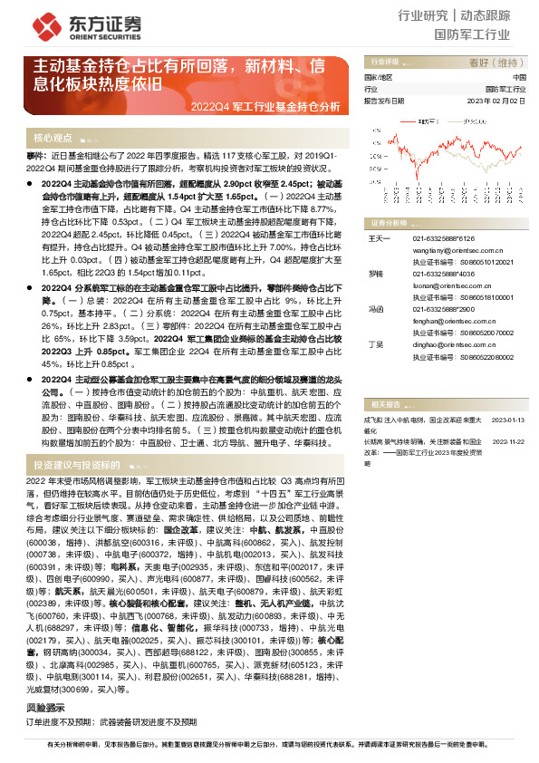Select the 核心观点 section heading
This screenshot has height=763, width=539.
coord(53,139)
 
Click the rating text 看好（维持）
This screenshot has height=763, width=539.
coord(497,63)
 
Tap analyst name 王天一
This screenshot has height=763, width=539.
coord(377,238)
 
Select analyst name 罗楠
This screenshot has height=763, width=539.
coord(375,272)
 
